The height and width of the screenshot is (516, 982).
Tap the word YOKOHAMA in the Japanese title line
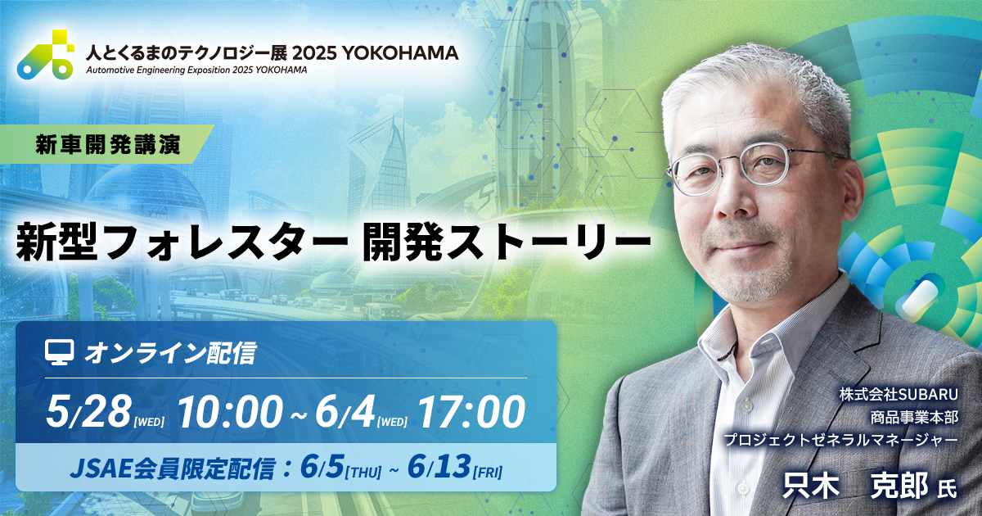pyautogui.click(x=399, y=53)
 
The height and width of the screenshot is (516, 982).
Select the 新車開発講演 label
pyautogui.click(x=108, y=144)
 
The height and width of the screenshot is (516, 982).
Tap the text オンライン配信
pyautogui.click(x=170, y=354)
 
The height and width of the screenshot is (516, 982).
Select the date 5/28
pyautogui.click(x=88, y=411)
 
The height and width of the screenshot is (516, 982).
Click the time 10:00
pyautogui.click(x=230, y=411)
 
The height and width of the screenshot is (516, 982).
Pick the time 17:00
pyautogui.click(x=471, y=411)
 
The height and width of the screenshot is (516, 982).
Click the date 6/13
pyautogui.click(x=439, y=467)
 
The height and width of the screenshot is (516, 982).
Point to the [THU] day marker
pyautogui.click(x=363, y=472)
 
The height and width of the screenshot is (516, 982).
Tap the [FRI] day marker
pyautogui.click(x=488, y=472)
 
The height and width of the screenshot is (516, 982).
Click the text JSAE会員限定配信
pyautogui.click(x=172, y=468)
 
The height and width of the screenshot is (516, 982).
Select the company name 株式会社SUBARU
pyautogui.click(x=899, y=395)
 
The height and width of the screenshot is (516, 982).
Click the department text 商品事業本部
pyautogui.click(x=914, y=418)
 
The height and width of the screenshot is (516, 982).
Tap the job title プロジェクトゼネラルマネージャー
pyautogui.click(x=841, y=440)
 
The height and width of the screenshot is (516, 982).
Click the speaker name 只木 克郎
pyautogui.click(x=855, y=486)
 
